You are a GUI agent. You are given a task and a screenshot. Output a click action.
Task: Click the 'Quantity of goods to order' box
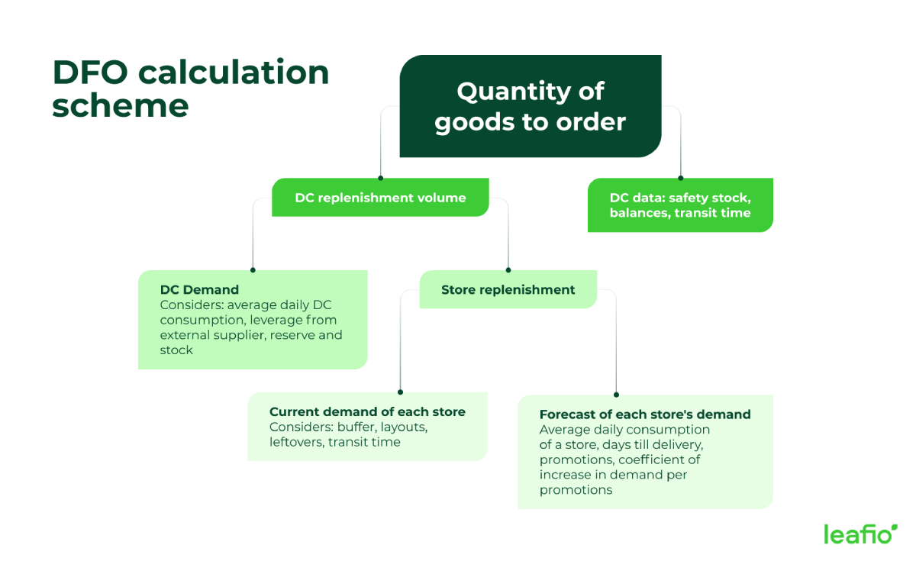point(530,107)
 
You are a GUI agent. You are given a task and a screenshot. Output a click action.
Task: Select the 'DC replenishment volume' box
point(380,198)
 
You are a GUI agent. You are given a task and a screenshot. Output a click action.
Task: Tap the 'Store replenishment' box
point(508,290)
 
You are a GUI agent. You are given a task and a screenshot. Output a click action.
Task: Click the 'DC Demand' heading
point(199,290)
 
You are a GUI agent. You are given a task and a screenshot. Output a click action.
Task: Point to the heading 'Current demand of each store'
point(367,412)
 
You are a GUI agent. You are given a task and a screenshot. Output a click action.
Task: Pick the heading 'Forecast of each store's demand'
point(645,414)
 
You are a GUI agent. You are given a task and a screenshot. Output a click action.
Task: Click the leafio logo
point(860,534)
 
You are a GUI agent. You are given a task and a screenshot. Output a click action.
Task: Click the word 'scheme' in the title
point(120,105)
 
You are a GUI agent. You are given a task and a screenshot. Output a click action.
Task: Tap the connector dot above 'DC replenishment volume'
point(380,178)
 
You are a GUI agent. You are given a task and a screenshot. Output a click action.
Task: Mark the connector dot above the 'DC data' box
point(680,178)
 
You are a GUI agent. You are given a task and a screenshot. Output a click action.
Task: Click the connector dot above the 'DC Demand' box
point(253,269)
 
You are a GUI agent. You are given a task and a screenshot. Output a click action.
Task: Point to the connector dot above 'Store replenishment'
point(508,269)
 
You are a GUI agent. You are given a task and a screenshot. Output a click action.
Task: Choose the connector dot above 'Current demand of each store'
point(400,392)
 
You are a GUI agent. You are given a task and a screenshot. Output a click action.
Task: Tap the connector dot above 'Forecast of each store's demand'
point(616,395)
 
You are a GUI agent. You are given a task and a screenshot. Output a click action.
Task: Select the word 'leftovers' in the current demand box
point(297,442)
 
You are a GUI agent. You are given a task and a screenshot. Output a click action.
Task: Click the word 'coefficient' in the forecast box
point(659,459)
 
